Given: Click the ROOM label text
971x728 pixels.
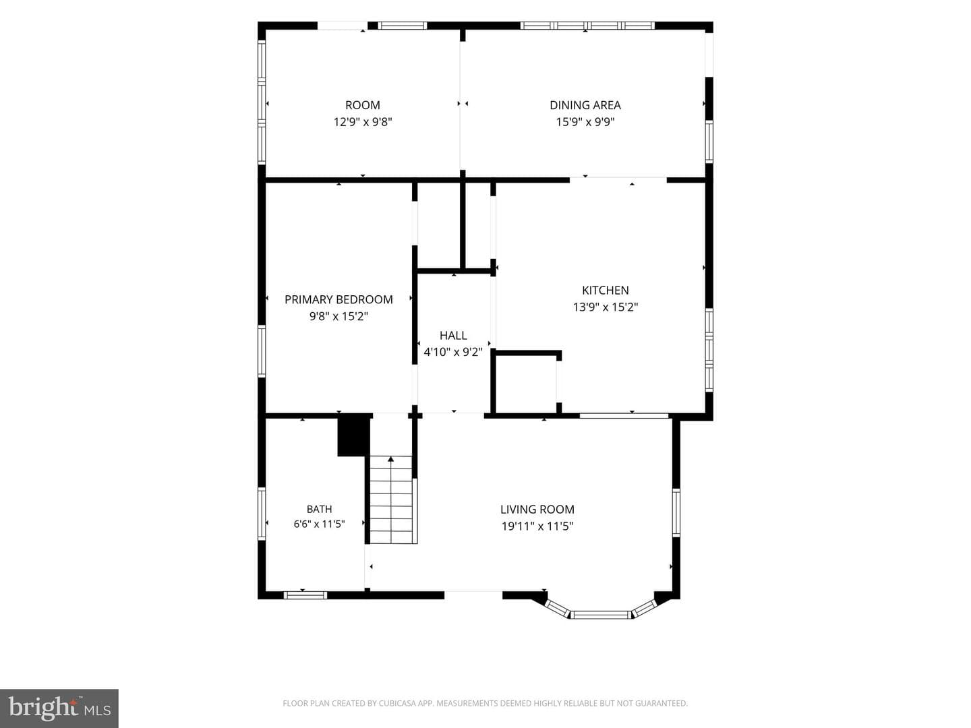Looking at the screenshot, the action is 362,105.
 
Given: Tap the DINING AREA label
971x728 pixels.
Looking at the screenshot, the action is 585,105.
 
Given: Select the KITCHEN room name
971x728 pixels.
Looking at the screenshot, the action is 605,291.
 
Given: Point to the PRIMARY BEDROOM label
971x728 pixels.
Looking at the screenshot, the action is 339,300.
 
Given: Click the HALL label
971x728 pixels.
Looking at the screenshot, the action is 453,336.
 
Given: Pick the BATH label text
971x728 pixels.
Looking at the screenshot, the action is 319,509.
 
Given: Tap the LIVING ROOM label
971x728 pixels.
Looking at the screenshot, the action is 537,510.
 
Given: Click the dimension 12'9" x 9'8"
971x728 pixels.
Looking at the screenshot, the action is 363,122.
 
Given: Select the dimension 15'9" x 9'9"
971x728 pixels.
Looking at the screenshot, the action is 585,122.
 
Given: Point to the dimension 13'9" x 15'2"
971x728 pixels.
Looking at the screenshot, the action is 605,307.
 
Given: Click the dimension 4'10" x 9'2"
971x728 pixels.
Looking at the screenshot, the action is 453,353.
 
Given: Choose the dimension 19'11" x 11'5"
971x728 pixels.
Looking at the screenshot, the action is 537,526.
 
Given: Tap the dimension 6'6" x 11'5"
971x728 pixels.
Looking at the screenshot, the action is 319,524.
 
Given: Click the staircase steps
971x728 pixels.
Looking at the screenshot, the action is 391,499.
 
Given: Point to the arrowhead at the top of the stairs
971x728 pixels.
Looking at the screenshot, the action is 390,460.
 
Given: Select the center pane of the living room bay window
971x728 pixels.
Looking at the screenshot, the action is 601,614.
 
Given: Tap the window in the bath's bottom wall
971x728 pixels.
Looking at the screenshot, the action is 305,595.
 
